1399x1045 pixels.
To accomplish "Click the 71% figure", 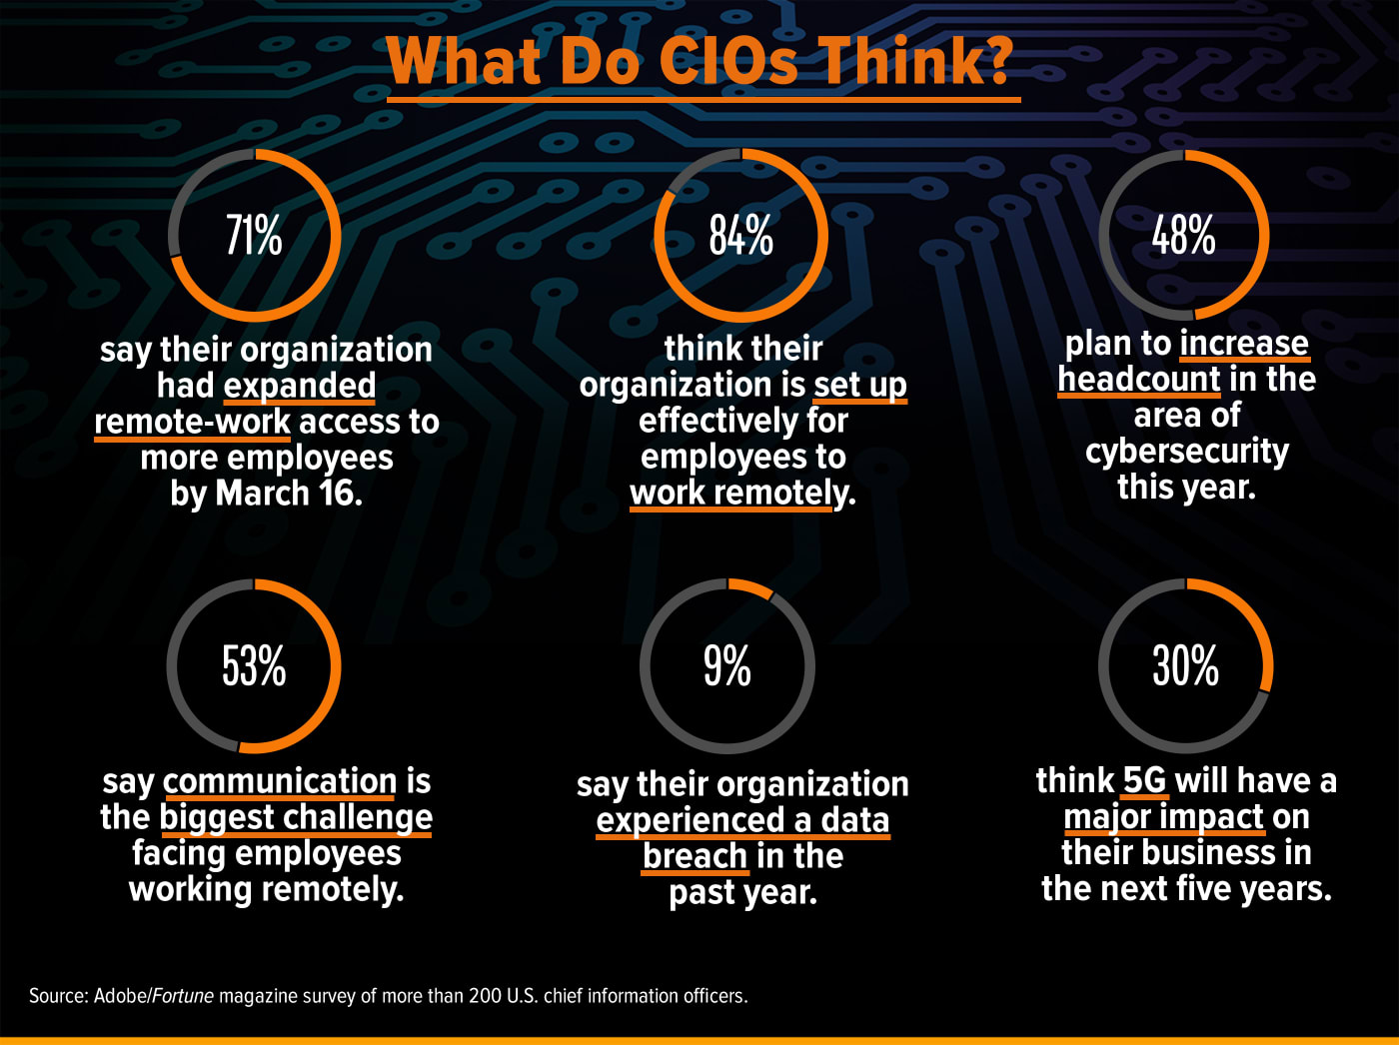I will pyautogui.click(x=254, y=236).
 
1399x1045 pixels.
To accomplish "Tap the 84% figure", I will pyautogui.click(x=740, y=236).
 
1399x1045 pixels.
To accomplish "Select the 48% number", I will pyautogui.click(x=1183, y=236).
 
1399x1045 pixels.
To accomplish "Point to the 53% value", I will pyautogui.click(x=254, y=665).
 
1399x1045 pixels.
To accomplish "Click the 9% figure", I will pyautogui.click(x=726, y=665).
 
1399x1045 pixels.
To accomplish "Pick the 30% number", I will pyautogui.click(x=1185, y=665).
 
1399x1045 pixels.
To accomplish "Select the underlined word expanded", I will pyautogui.click(x=300, y=386).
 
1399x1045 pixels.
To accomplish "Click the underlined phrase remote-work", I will pyautogui.click(x=193, y=422).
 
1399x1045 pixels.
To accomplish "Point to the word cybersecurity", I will pyautogui.click(x=1187, y=452).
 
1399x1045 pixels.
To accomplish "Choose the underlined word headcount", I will pyautogui.click(x=1139, y=380).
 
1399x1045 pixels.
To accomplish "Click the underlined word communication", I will pyautogui.click(x=280, y=781).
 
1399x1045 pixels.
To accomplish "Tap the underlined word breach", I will pyautogui.click(x=695, y=856).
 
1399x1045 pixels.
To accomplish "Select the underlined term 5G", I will pyautogui.click(x=1144, y=780).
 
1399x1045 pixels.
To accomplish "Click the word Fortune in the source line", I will pyautogui.click(x=184, y=996).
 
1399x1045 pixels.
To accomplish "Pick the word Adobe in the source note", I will pyautogui.click(x=120, y=996).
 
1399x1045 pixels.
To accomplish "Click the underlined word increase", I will pyautogui.click(x=1244, y=344).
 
